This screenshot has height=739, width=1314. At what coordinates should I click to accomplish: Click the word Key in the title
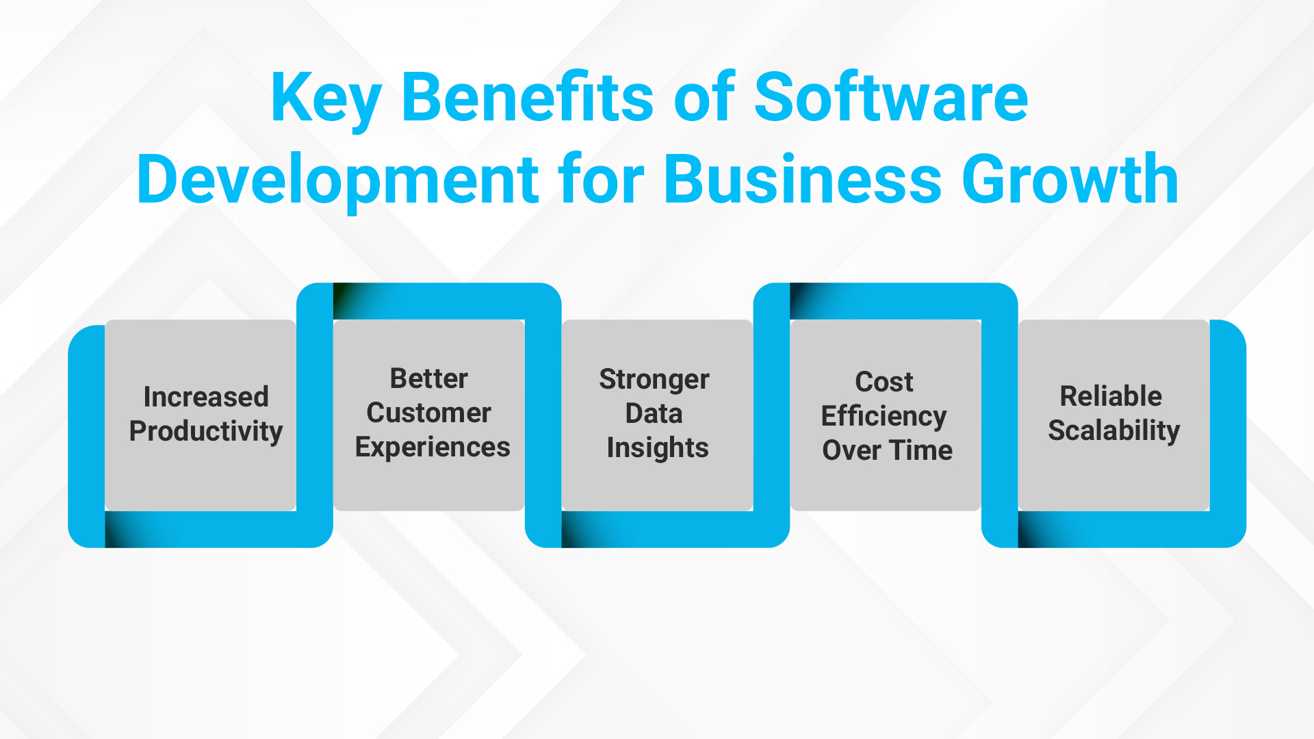coord(326,99)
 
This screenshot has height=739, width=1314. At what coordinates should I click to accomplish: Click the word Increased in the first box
coord(206,397)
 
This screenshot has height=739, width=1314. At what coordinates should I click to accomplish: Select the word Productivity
coord(206,432)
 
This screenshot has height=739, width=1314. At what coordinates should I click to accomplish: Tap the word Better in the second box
coord(428,378)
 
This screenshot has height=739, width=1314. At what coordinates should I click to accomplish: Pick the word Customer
coord(428,413)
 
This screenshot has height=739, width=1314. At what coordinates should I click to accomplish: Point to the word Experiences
coord(432,448)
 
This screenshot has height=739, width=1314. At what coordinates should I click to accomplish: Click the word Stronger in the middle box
coord(654,380)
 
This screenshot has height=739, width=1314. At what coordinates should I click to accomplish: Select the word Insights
coord(657,448)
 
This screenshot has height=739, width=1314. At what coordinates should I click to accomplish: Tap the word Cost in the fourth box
coord(884,382)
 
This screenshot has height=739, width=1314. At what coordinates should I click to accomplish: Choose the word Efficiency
coord(884,417)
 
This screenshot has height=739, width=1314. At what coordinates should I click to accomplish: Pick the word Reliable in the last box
coord(1111,396)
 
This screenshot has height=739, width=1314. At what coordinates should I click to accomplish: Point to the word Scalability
coord(1113,431)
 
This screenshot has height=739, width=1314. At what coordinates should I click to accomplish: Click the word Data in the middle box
coord(654,413)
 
